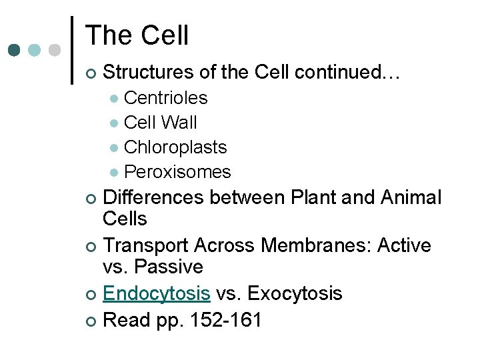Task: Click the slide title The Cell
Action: click(x=137, y=35)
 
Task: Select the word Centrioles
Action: click(x=165, y=98)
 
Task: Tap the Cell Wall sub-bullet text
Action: click(x=160, y=123)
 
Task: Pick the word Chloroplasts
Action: click(x=175, y=147)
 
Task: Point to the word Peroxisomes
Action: click(x=177, y=172)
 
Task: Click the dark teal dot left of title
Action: click(x=15, y=50)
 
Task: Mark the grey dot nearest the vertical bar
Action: click(x=55, y=50)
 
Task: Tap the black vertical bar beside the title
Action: click(x=72, y=50)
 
